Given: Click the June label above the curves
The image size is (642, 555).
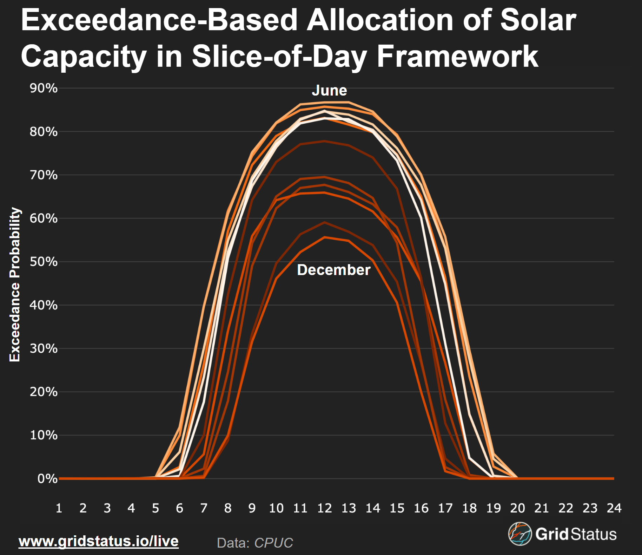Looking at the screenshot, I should [x=329, y=91].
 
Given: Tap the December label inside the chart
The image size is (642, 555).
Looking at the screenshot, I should [x=333, y=270].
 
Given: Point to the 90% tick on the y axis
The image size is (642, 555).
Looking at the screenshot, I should [x=44, y=88].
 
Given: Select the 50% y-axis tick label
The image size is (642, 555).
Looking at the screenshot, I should [x=44, y=262].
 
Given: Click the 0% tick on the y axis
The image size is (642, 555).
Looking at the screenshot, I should [x=47, y=478].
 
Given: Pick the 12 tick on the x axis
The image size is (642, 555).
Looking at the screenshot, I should [x=324, y=508].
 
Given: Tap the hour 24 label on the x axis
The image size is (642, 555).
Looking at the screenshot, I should [x=614, y=508].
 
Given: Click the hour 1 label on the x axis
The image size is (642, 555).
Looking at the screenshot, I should [x=59, y=508].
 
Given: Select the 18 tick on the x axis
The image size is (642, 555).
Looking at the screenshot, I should [x=469, y=508].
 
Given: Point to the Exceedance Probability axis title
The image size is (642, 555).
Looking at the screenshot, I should [x=15, y=285].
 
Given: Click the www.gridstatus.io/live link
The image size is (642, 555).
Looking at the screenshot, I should [x=99, y=541].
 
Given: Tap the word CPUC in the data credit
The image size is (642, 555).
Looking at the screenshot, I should [x=273, y=543].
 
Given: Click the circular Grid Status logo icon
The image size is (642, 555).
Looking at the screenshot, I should [x=520, y=534].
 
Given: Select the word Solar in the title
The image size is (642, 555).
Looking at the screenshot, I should [x=538, y=20].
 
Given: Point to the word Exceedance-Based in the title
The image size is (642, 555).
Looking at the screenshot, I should [x=159, y=20].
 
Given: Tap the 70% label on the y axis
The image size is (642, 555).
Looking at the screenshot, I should [x=44, y=175].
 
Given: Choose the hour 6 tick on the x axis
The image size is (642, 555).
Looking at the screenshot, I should [x=180, y=508].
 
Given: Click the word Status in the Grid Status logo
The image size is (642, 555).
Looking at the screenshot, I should [x=594, y=534].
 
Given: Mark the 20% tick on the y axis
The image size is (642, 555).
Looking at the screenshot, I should [x=44, y=392].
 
